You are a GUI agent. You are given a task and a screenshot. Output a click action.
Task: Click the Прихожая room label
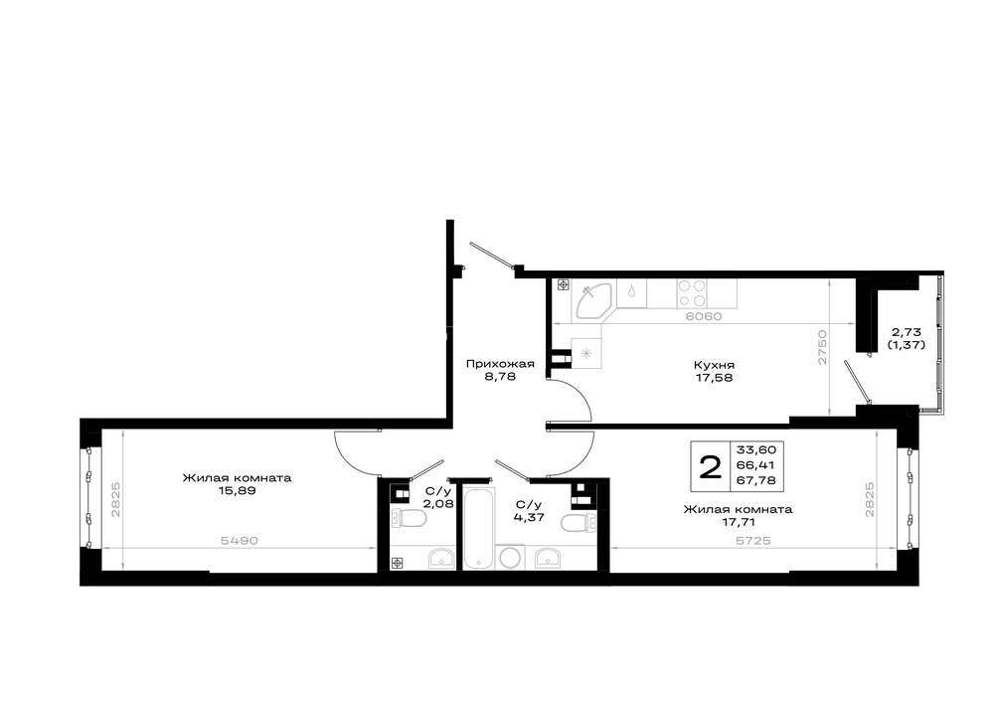[x=500, y=364]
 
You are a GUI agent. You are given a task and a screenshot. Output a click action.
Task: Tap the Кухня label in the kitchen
[x=714, y=365]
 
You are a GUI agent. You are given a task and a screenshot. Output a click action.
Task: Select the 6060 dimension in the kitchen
[x=704, y=316]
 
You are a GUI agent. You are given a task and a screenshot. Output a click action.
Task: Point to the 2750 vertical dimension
[x=822, y=347]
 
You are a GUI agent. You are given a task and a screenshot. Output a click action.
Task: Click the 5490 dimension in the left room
[x=239, y=540]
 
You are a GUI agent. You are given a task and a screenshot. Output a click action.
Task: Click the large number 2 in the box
[x=710, y=467]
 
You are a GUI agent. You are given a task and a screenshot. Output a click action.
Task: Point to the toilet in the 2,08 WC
[x=409, y=518]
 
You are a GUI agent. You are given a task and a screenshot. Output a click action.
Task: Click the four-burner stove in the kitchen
[x=691, y=293]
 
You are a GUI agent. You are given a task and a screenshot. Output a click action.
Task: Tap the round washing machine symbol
[x=510, y=558]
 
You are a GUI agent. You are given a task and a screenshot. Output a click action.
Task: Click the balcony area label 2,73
[x=907, y=332]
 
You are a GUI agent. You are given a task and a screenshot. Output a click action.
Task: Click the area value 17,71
[x=738, y=522]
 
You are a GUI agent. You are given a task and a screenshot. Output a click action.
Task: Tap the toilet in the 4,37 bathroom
[x=579, y=524]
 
